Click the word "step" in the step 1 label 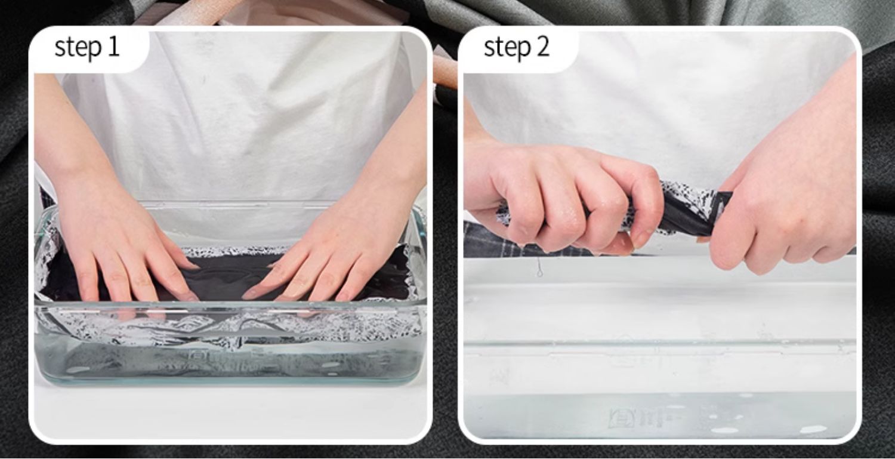tap(78, 48)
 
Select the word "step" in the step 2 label tap(507, 48)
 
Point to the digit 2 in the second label tap(542, 47)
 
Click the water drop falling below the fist tap(539, 271)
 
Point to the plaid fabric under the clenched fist tap(520, 241)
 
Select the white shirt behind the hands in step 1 tap(240, 120)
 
